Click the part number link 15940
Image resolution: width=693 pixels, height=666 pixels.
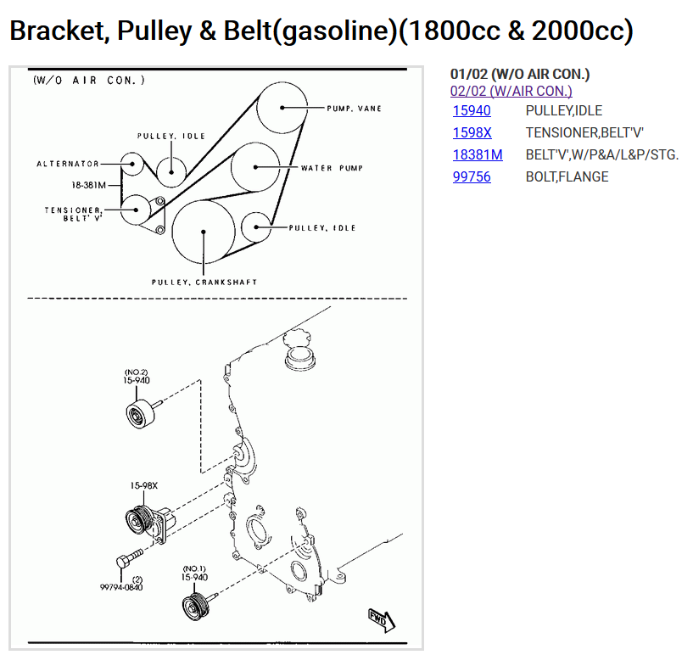[472, 110]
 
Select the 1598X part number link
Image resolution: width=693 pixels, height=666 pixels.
[472, 132]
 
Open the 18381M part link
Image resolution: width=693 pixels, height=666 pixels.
[477, 154]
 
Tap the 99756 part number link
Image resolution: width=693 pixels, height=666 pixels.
[472, 176]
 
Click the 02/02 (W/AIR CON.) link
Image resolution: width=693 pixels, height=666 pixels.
[511, 91]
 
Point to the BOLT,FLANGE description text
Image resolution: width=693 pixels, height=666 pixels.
[567, 176]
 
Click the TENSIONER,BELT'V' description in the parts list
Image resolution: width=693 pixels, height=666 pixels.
[584, 132]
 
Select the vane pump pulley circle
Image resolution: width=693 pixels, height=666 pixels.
[282, 108]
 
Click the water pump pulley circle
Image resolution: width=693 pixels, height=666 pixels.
[256, 168]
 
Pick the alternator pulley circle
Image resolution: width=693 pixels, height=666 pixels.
[131, 164]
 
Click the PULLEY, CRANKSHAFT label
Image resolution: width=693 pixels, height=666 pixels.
[204, 282]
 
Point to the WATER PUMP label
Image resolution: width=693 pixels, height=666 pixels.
[332, 168]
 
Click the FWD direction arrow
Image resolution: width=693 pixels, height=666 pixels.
[379, 619]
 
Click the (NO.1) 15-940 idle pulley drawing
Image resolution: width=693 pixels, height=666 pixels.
[195, 607]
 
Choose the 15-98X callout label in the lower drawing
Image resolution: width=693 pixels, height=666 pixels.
[144, 486]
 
